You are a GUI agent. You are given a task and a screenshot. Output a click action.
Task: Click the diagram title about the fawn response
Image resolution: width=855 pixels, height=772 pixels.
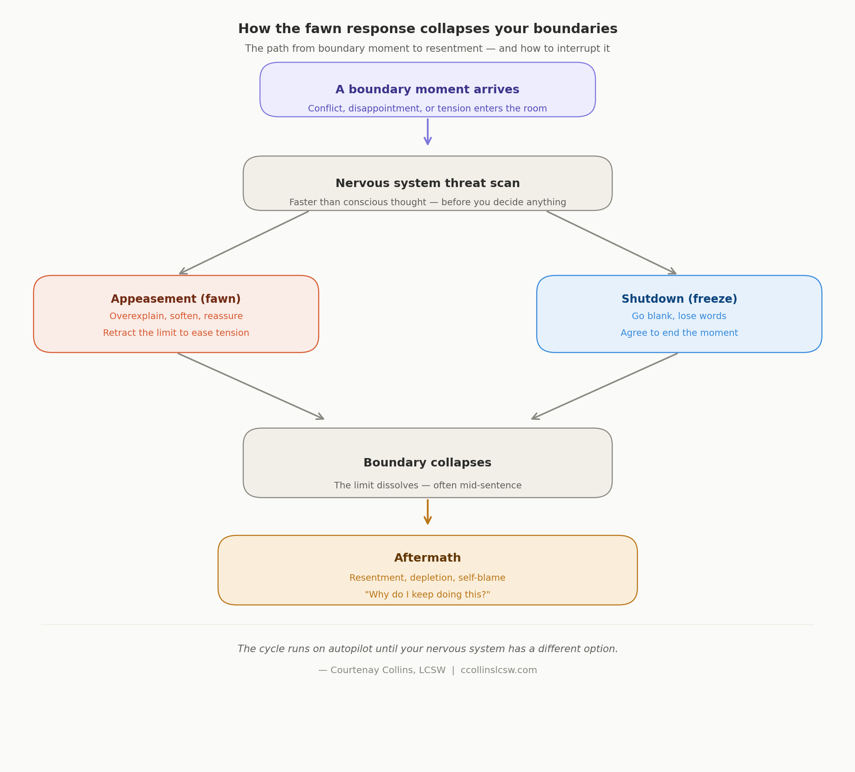coord(427,29)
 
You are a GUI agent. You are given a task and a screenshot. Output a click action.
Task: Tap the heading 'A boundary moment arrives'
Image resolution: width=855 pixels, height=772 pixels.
coord(427,90)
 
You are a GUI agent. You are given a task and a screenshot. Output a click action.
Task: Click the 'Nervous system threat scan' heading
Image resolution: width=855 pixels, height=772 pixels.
coord(427,183)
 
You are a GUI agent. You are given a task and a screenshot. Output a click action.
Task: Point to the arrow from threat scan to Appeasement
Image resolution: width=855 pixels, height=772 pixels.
coord(244,243)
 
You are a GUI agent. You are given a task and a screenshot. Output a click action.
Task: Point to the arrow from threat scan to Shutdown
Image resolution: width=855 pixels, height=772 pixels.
coord(611,243)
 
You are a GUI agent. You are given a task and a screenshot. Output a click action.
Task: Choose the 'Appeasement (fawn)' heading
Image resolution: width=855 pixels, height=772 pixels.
coord(176,299)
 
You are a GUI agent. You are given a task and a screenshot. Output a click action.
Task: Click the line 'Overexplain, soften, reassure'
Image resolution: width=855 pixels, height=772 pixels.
coord(176,316)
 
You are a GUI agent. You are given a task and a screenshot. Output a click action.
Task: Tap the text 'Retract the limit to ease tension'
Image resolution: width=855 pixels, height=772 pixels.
coord(176,333)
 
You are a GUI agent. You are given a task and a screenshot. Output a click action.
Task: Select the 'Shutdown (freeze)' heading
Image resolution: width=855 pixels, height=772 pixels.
coord(679,299)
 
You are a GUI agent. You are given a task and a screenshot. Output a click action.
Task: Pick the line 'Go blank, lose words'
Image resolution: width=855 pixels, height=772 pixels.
coord(679,316)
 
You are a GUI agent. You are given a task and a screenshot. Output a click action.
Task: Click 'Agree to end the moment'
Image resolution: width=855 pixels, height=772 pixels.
coord(679,333)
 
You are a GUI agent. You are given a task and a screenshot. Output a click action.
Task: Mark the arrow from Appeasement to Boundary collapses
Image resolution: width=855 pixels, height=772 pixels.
coord(251,386)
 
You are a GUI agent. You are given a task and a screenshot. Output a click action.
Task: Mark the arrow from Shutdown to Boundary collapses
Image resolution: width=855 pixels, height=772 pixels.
coord(605,386)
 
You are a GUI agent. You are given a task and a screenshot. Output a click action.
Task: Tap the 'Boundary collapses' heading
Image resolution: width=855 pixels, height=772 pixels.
coord(427,463)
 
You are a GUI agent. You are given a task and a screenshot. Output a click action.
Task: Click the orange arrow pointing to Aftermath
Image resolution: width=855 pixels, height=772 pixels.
coord(427,512)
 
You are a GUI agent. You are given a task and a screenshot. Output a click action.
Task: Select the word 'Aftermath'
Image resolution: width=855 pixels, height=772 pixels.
coord(427,558)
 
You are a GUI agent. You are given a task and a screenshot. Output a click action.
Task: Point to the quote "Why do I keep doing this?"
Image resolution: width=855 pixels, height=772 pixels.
coord(427,595)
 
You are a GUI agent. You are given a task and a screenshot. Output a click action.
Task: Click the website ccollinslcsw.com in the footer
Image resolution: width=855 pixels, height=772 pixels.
coord(499,670)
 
